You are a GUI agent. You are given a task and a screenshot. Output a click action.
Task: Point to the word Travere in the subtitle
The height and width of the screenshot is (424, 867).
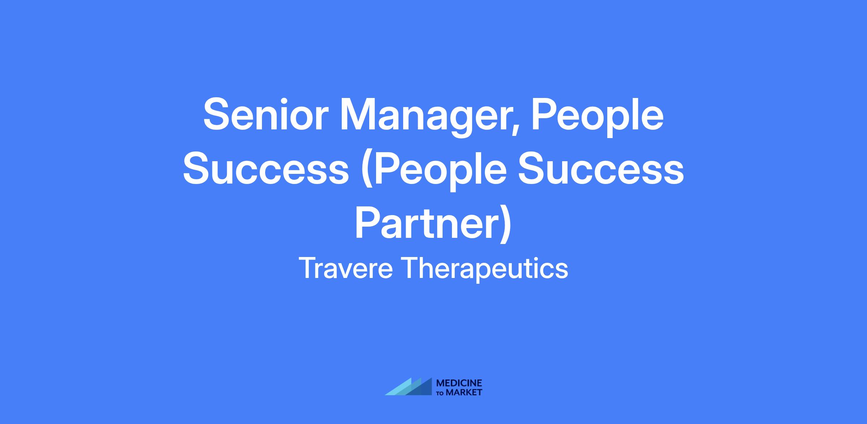(346, 269)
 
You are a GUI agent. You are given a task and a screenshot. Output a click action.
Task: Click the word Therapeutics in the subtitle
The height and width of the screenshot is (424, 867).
(485, 270)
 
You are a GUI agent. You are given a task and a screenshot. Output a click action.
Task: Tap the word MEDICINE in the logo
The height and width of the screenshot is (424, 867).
(459, 383)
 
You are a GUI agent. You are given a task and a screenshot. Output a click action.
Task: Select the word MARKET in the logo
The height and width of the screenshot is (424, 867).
(464, 393)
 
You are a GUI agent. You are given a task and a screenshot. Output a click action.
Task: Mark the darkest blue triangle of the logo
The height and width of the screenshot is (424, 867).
(423, 388)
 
